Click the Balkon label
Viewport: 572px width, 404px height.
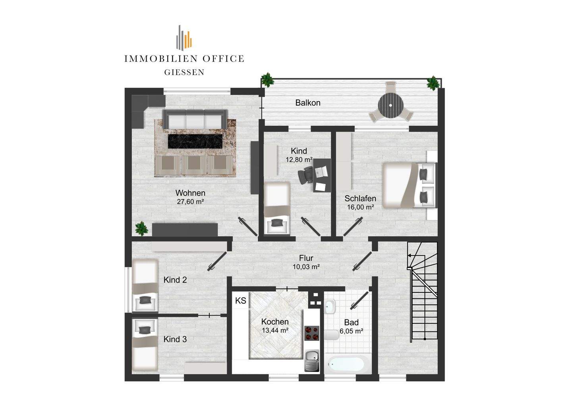click(x=308, y=103)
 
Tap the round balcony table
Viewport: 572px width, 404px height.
click(x=391, y=105)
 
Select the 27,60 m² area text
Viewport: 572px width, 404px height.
click(x=190, y=202)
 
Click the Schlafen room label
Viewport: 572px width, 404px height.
click(x=360, y=198)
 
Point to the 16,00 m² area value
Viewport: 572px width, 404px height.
click(x=360, y=207)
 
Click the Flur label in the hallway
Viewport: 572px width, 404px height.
click(x=306, y=258)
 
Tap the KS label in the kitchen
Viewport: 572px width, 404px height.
click(x=241, y=301)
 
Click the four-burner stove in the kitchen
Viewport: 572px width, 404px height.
click(x=312, y=333)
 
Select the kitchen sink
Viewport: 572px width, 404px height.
click(x=312, y=360)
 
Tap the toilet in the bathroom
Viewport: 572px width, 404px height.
click(x=332, y=335)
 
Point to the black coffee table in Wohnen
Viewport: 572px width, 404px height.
click(x=195, y=141)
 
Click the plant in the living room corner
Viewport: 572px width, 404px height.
click(x=141, y=228)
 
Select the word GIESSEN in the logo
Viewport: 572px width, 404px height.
click(x=184, y=73)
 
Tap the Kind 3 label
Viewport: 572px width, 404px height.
click(x=175, y=339)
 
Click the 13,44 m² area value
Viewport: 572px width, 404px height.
click(x=275, y=331)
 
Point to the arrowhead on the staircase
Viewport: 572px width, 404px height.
click(x=409, y=255)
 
